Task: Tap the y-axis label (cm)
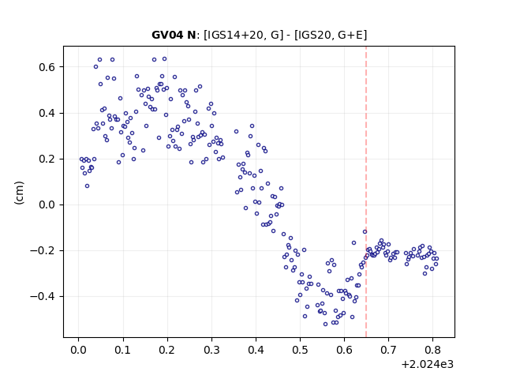tap(19, 193)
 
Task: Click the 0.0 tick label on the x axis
tap(78, 350)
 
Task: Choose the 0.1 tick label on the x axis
tap(123, 350)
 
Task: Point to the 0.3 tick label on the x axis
tap(211, 350)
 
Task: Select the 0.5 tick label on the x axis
tap(300, 350)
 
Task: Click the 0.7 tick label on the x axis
tap(389, 350)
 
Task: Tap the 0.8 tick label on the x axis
tap(433, 350)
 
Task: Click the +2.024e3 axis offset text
tap(428, 364)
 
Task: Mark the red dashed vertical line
tap(366, 192)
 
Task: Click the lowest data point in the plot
tap(325, 324)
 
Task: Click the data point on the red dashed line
tap(365, 231)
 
